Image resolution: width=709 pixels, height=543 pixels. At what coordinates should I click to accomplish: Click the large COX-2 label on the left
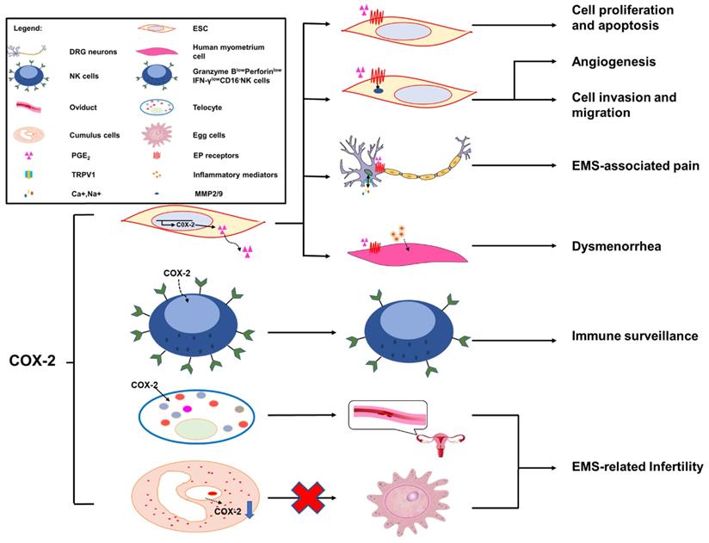coord(31,361)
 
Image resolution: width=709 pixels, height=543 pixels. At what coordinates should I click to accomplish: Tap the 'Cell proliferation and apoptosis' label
coord(622,17)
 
